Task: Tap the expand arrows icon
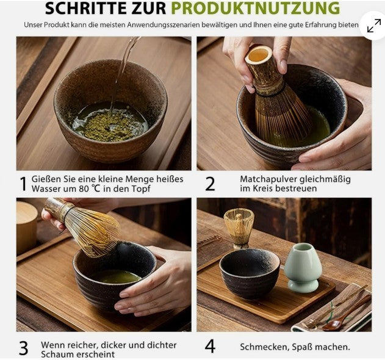373,26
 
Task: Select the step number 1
23,184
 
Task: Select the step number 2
210,184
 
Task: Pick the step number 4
210,347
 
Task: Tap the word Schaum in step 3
59,354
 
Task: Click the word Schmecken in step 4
264,347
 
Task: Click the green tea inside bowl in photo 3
118,276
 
